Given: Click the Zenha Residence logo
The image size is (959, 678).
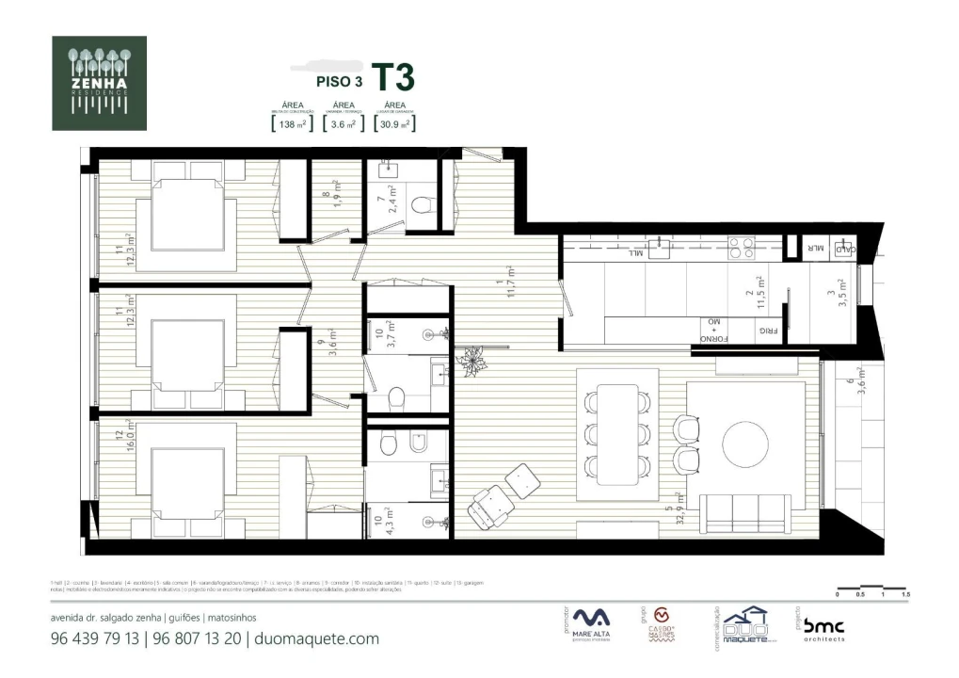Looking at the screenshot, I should [99, 83].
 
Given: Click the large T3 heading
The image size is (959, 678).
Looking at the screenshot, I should [392, 77].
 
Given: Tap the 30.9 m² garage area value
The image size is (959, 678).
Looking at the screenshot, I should [394, 123].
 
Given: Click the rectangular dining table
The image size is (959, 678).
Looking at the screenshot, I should [616, 430].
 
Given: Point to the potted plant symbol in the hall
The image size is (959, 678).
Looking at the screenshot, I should [468, 358].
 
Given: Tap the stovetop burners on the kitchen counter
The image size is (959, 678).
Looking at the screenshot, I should [735, 247].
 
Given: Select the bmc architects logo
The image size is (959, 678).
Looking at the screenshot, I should [823, 629].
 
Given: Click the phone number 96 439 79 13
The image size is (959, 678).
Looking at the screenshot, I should [95, 638].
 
